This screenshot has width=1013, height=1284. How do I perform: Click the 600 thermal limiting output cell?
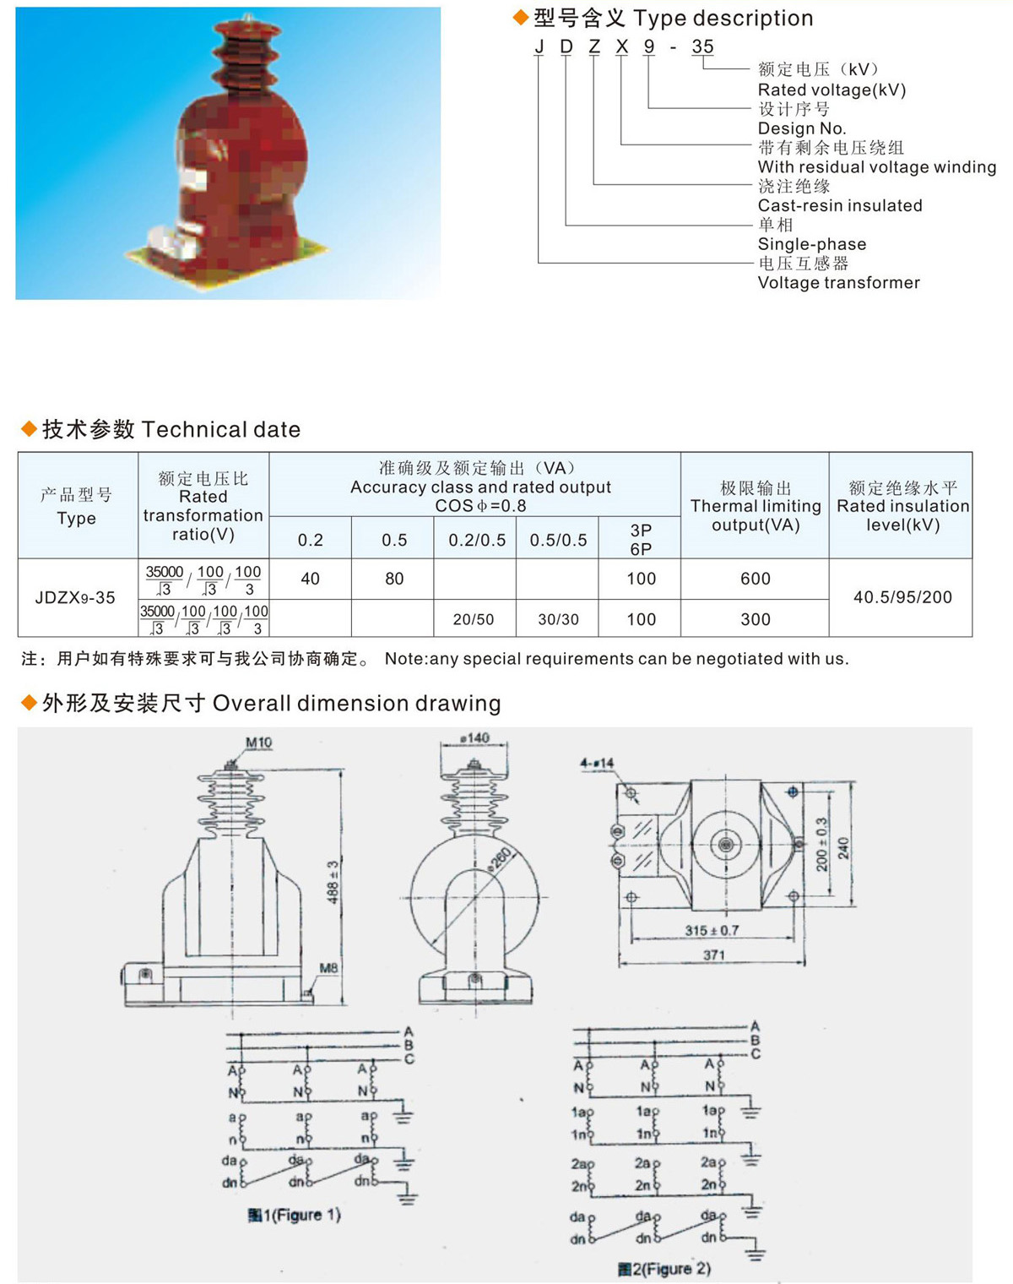click(755, 579)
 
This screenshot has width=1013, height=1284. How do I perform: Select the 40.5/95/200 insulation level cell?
click(902, 597)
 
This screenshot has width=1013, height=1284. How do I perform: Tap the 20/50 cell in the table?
click(474, 619)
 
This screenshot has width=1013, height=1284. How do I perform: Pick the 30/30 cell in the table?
click(559, 619)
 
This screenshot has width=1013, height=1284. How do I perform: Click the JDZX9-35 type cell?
click(75, 597)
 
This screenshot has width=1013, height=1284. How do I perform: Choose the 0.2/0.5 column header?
click(477, 540)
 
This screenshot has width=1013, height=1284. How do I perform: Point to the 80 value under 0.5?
click(394, 579)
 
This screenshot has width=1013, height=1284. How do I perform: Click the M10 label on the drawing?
click(259, 743)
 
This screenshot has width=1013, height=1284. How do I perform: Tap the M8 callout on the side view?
click(328, 968)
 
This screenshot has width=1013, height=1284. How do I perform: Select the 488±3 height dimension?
click(333, 882)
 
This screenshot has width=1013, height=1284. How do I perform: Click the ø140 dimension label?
click(474, 738)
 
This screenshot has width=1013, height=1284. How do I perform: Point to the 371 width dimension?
click(714, 955)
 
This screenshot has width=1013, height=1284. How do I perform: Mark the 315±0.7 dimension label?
click(712, 930)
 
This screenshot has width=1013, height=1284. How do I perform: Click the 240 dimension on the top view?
click(843, 847)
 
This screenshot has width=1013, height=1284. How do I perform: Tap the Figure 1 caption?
click(294, 1215)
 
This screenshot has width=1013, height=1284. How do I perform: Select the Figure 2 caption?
click(664, 1269)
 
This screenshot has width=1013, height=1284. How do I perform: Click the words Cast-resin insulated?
click(839, 205)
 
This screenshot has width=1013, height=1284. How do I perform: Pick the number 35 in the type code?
click(702, 47)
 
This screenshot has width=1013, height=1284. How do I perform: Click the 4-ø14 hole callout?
click(597, 764)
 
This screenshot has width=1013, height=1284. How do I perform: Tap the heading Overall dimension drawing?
click(356, 703)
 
